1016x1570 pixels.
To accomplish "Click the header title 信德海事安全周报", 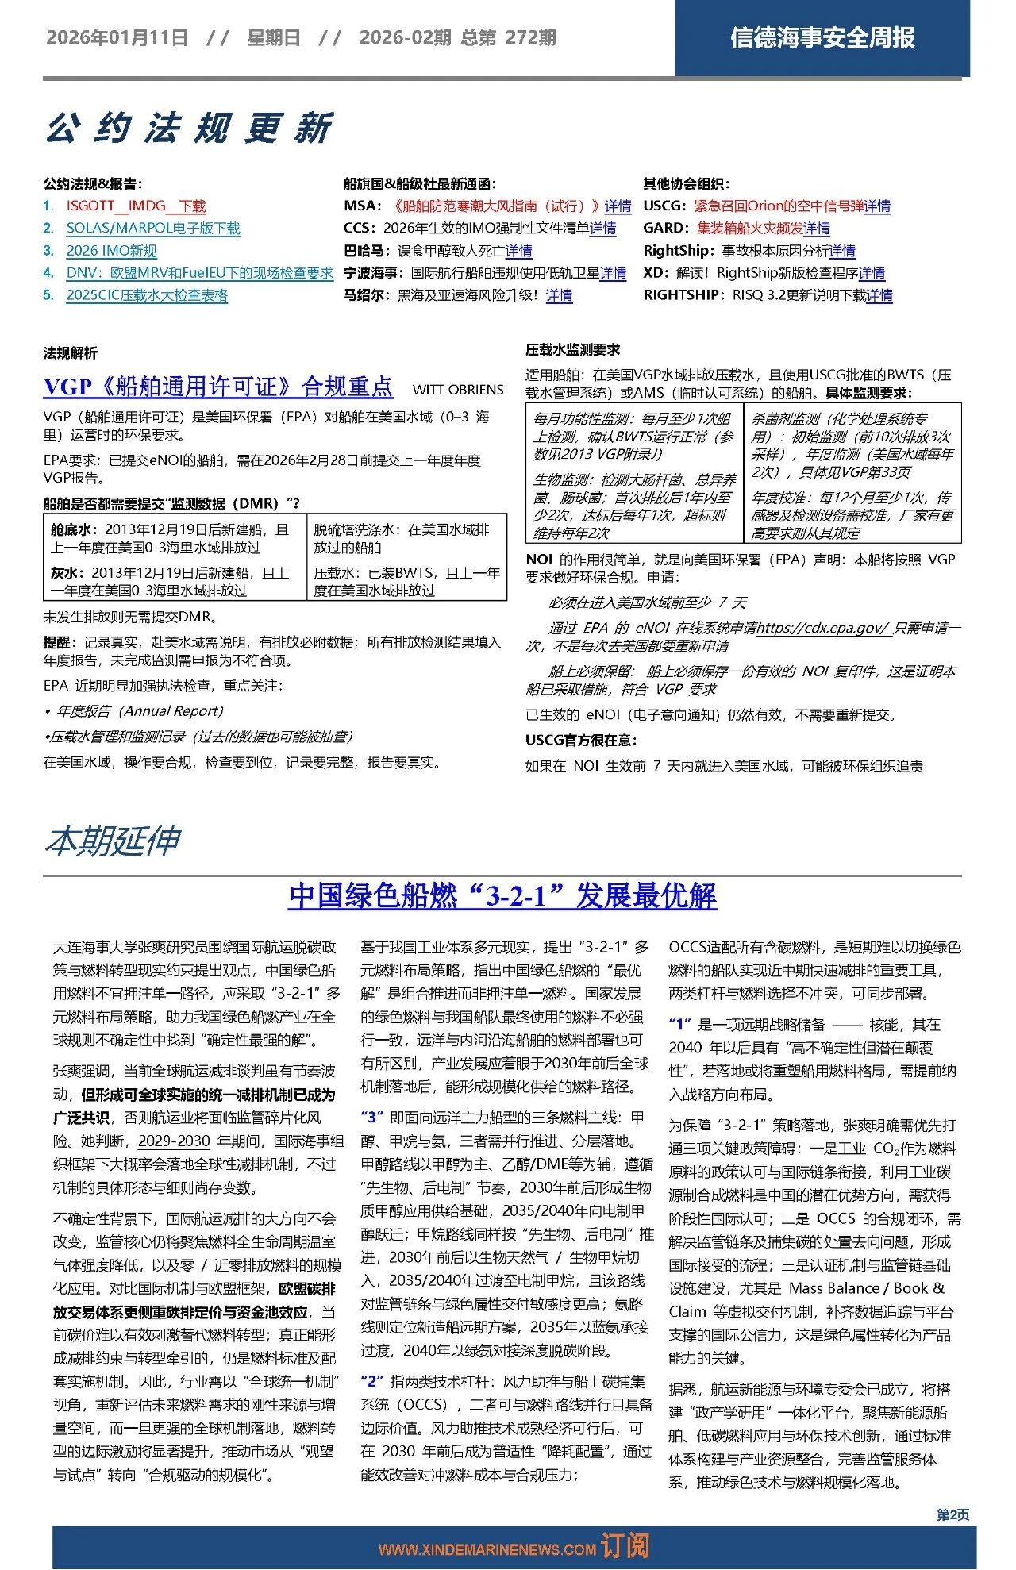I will pos(822,37).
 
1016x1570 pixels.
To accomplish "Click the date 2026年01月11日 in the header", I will pos(117,37).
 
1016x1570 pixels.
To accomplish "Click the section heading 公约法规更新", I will pos(189,128).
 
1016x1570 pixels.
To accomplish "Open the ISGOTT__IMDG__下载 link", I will pos(136,206).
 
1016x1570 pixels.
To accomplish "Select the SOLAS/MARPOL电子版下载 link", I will pos(152,229).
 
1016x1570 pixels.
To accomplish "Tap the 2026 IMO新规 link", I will pos(111,251).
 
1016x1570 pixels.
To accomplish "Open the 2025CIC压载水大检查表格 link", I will pos(147,295).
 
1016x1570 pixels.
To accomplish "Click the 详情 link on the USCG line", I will pos(877,206).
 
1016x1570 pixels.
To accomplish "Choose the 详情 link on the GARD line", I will pos(816,229).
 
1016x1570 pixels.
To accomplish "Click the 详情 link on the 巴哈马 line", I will pos(518,251).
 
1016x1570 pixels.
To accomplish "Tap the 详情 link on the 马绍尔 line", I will pos(559,295).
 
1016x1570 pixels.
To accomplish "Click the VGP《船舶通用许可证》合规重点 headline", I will pos(218,387).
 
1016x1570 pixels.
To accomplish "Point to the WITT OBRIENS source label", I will pos(458,390).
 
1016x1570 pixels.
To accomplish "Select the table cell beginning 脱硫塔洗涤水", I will pos(406,538).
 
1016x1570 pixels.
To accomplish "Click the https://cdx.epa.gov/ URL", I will pos(822,628).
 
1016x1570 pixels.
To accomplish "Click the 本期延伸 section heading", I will pos(113,841).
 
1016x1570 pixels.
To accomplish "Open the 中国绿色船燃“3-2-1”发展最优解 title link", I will pos(502,895).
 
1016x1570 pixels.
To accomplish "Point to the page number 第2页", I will pos(952,1515).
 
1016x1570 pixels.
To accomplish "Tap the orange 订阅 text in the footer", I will pos(625,1546).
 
